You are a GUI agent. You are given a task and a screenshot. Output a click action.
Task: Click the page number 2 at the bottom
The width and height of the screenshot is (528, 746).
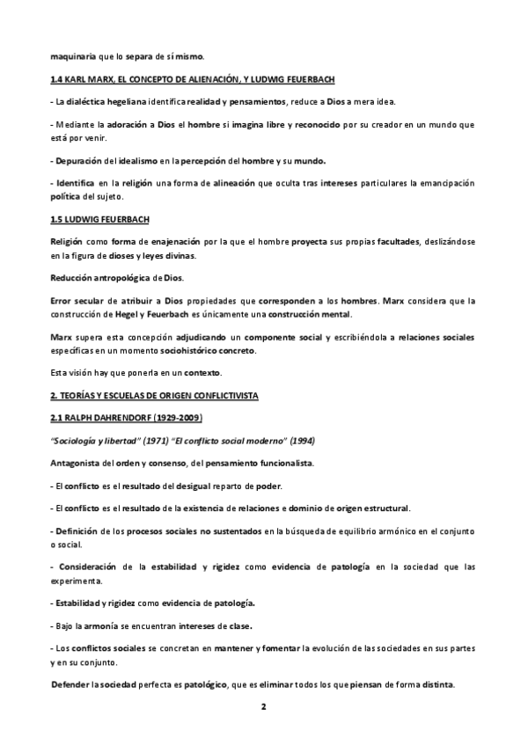point(264,706)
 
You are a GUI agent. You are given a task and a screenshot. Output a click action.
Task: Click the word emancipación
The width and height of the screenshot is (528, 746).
point(438,183)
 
